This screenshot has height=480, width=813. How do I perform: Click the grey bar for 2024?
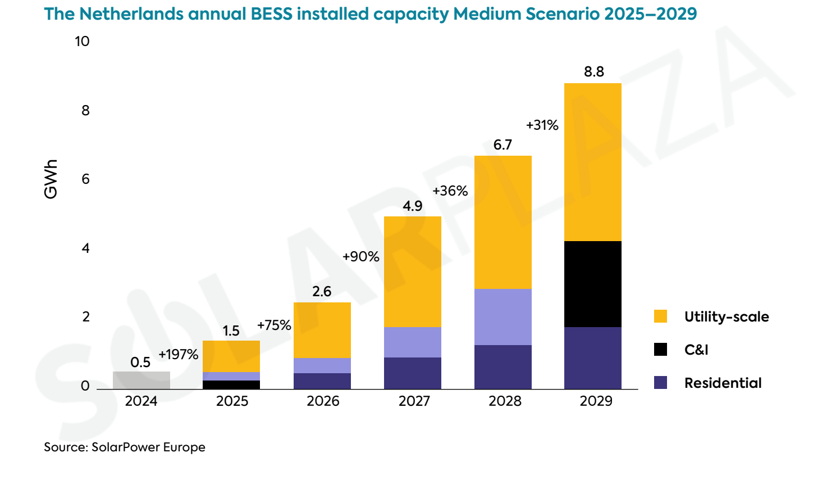click(141, 380)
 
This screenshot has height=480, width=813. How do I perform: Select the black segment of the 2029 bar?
click(592, 284)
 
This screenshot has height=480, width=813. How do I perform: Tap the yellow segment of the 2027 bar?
click(412, 271)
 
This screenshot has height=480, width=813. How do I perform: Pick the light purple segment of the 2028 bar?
click(503, 316)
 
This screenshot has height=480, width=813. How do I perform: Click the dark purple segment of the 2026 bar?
click(322, 381)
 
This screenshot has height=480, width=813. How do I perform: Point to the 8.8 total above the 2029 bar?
click(593, 71)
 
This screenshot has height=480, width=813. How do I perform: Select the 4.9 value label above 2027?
click(412, 206)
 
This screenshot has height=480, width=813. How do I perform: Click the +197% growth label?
click(178, 354)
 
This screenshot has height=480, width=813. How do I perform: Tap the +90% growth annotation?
click(360, 256)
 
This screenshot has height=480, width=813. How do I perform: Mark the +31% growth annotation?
click(542, 125)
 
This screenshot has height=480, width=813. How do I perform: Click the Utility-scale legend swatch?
click(660, 316)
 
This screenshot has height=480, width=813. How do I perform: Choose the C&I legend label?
click(696, 350)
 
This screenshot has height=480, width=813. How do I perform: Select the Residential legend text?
click(723, 383)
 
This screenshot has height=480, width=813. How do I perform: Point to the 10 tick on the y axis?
click(82, 41)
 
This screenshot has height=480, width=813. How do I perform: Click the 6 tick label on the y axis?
click(85, 179)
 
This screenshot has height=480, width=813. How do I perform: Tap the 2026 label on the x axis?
click(323, 401)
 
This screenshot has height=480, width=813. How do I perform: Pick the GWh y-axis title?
click(51, 179)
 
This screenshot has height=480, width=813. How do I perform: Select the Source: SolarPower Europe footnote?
click(125, 447)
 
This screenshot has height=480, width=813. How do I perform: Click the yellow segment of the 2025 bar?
click(231, 356)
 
